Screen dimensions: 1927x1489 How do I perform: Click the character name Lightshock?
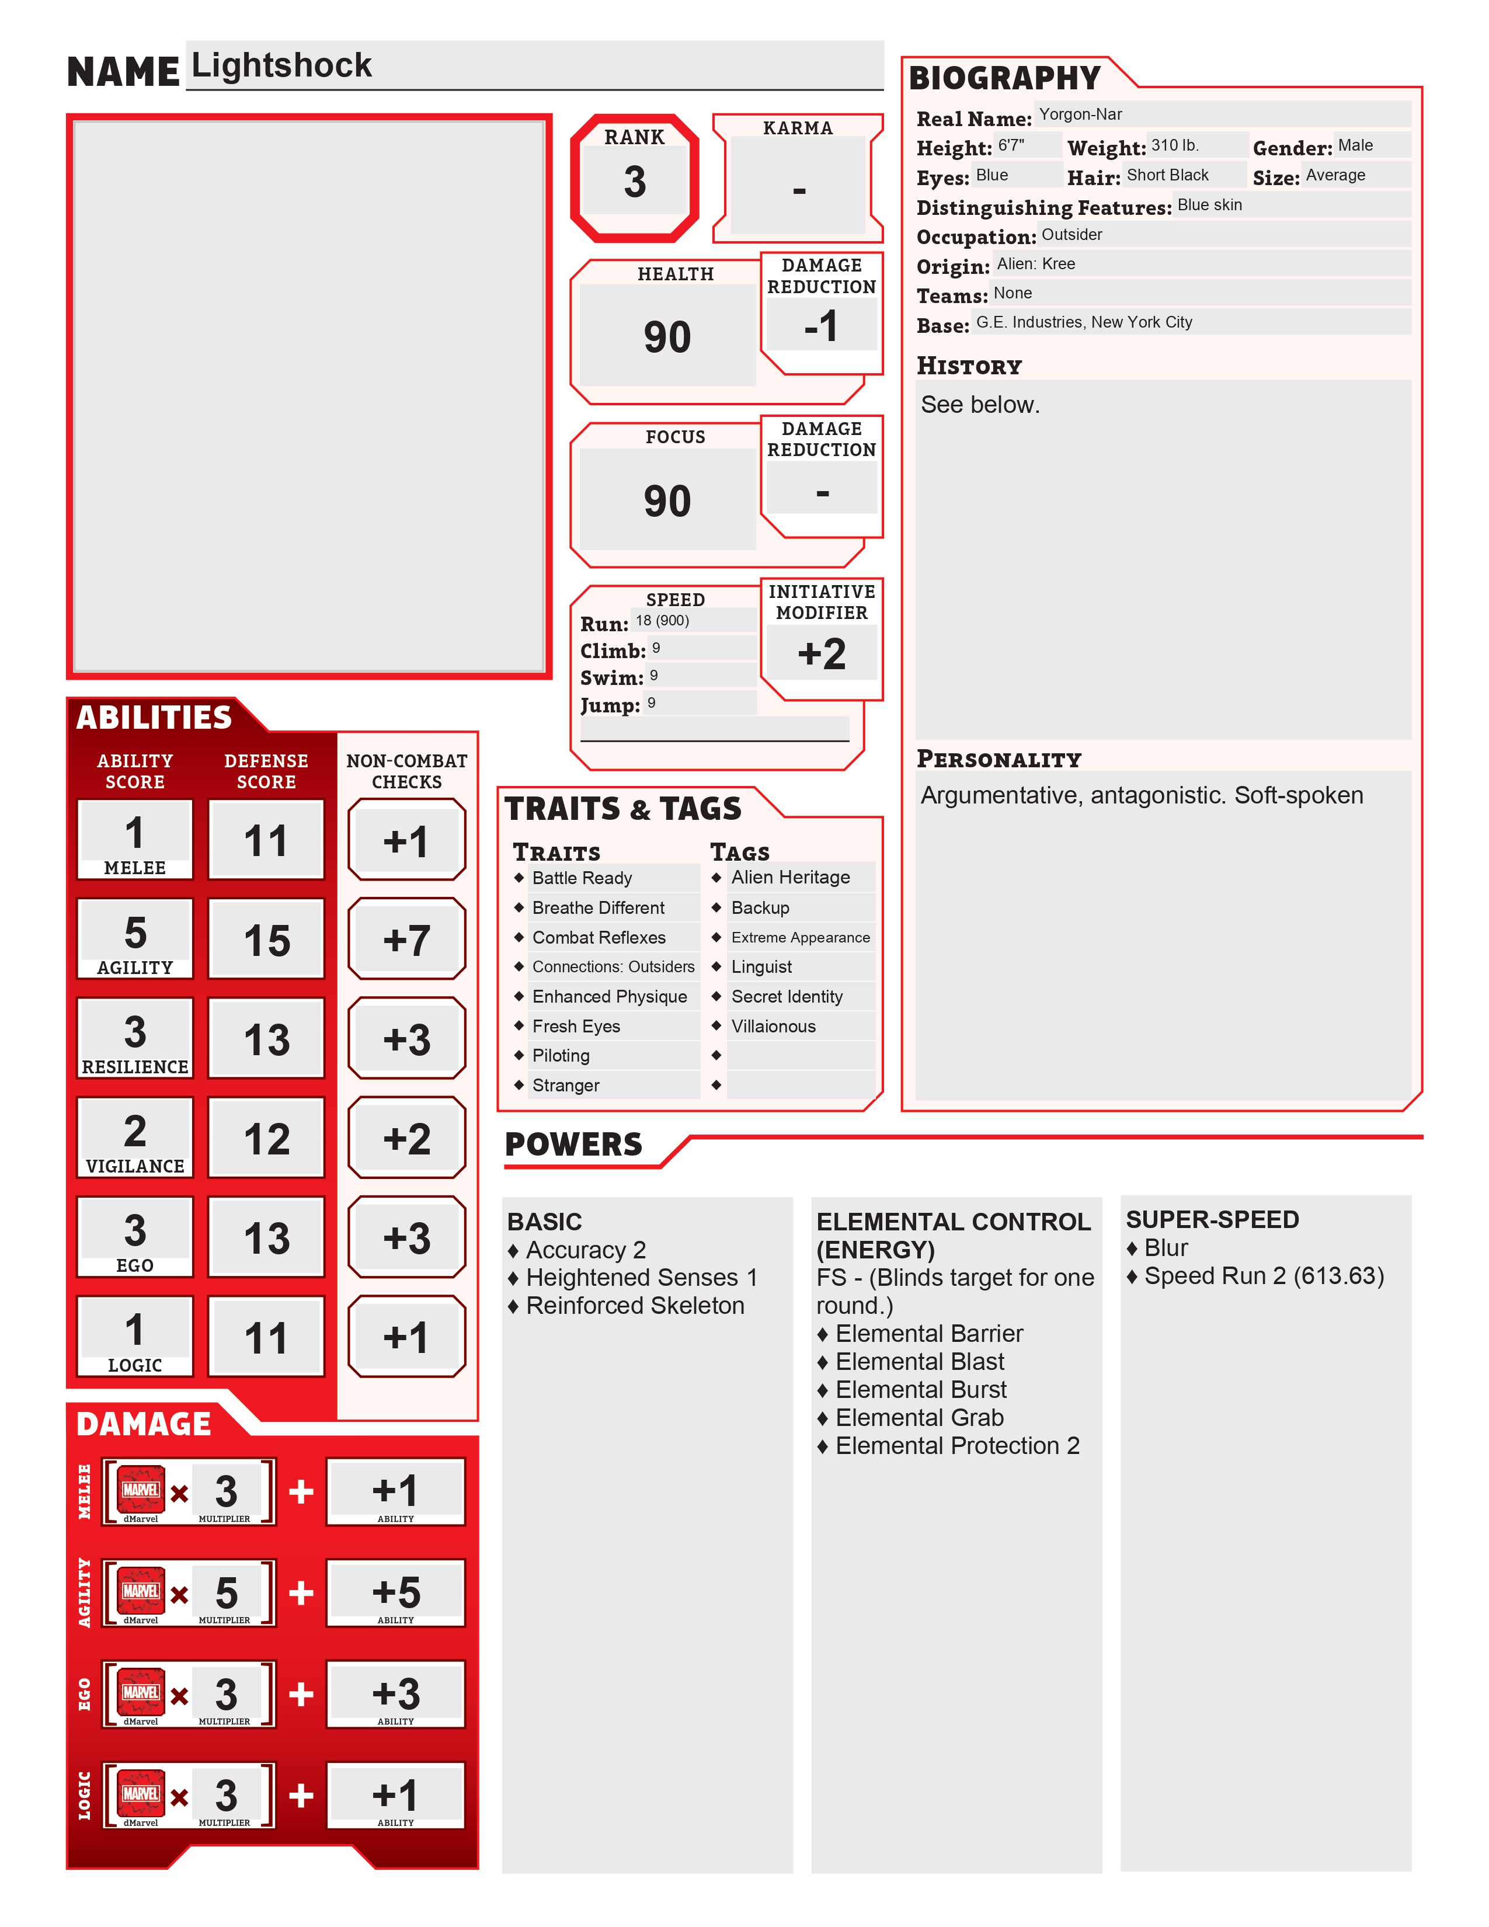pyautogui.click(x=281, y=66)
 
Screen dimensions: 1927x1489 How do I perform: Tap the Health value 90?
pyautogui.click(x=667, y=337)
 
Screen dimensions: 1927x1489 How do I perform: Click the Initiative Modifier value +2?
pyautogui.click(x=821, y=654)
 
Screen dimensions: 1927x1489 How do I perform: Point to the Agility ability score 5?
pyautogui.click(x=135, y=933)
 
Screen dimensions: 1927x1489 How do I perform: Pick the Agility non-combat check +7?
pyautogui.click(x=406, y=941)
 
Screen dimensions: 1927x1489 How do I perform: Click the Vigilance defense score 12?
pyautogui.click(x=266, y=1139)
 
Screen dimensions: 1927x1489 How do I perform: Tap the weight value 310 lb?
pyautogui.click(x=1174, y=145)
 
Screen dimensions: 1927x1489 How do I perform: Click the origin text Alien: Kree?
pyautogui.click(x=1036, y=264)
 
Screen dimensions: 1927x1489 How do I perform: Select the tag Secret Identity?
pyautogui.click(x=787, y=997)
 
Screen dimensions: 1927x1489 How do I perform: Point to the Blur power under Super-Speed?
pyautogui.click(x=1166, y=1248)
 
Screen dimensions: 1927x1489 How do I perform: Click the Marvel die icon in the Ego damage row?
pyautogui.click(x=141, y=1692)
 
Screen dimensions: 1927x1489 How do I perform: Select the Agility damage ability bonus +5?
pyautogui.click(x=396, y=1592)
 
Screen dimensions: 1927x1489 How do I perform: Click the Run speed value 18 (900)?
pyautogui.click(x=663, y=620)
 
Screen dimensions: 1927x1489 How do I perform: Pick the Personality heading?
pyautogui.click(x=999, y=760)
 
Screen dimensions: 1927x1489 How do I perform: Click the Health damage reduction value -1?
pyautogui.click(x=821, y=326)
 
